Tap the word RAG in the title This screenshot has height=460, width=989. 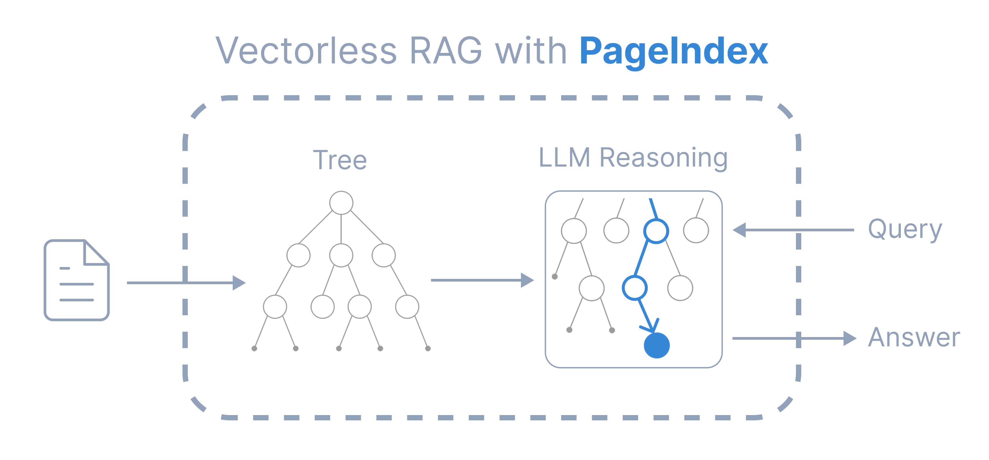[x=445, y=51]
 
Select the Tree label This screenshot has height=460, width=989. [x=340, y=160]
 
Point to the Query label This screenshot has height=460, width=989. [x=905, y=230]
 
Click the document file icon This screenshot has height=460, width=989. [x=77, y=280]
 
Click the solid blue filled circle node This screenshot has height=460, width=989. [x=656, y=345]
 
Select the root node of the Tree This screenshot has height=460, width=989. [x=341, y=203]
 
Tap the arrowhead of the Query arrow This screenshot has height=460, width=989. [x=739, y=230]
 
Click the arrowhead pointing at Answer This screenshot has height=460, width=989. [x=850, y=338]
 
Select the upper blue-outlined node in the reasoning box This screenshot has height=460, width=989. [x=656, y=231]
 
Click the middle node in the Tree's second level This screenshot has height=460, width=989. [x=341, y=255]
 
